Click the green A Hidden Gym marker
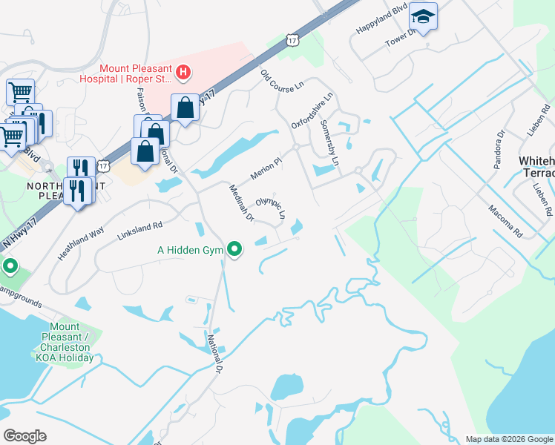(x=235, y=249)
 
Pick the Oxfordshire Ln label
(x=312, y=111)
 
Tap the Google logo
(x=24, y=436)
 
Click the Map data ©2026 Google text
(x=508, y=439)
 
